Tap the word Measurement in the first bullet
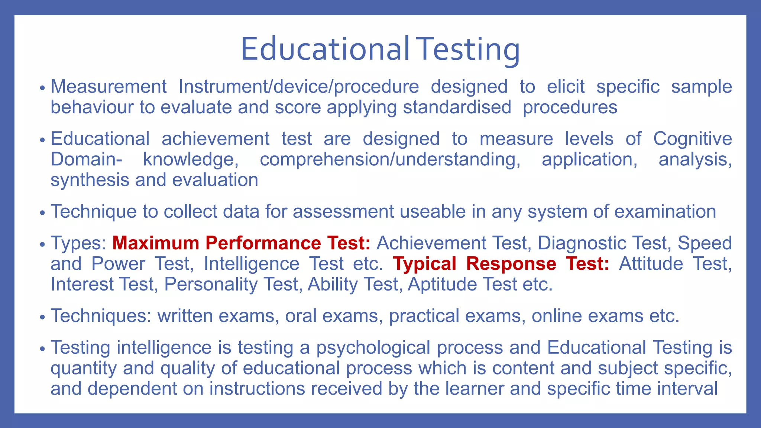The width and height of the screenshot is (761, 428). click(109, 87)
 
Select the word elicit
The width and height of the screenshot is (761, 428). click(566, 87)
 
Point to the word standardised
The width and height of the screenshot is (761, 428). click(457, 108)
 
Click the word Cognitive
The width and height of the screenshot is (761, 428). click(692, 139)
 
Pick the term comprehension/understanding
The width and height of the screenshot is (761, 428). click(390, 160)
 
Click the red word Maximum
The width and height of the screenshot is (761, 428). click(156, 243)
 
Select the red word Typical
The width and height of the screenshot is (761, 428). click(425, 264)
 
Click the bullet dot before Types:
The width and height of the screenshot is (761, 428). click(42, 244)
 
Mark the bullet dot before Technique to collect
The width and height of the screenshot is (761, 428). click(42, 213)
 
